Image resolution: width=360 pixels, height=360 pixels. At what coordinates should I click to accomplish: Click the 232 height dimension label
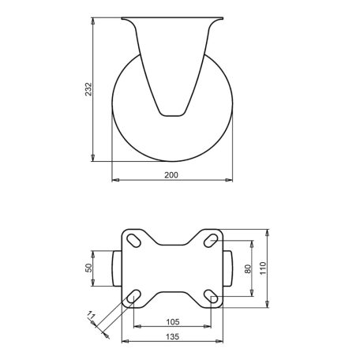pos(88,89)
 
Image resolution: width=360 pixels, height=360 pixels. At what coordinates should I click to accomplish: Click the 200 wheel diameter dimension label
pos(171,175)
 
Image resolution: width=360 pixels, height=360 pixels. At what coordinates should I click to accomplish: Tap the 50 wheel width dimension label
pos(89,268)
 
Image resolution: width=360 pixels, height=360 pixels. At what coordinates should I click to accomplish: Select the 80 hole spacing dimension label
pos(248,269)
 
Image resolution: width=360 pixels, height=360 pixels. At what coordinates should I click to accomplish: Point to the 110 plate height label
pos(263,268)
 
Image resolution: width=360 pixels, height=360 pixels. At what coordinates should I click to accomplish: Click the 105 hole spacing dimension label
pos(173,322)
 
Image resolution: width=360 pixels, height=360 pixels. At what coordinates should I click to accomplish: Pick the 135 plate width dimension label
pos(173,336)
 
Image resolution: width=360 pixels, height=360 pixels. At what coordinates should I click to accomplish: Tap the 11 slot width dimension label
pos(91,315)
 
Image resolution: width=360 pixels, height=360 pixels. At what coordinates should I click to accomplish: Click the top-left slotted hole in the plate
pos(133,241)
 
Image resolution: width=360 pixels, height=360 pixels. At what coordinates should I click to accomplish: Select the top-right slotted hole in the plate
pos(211,241)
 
